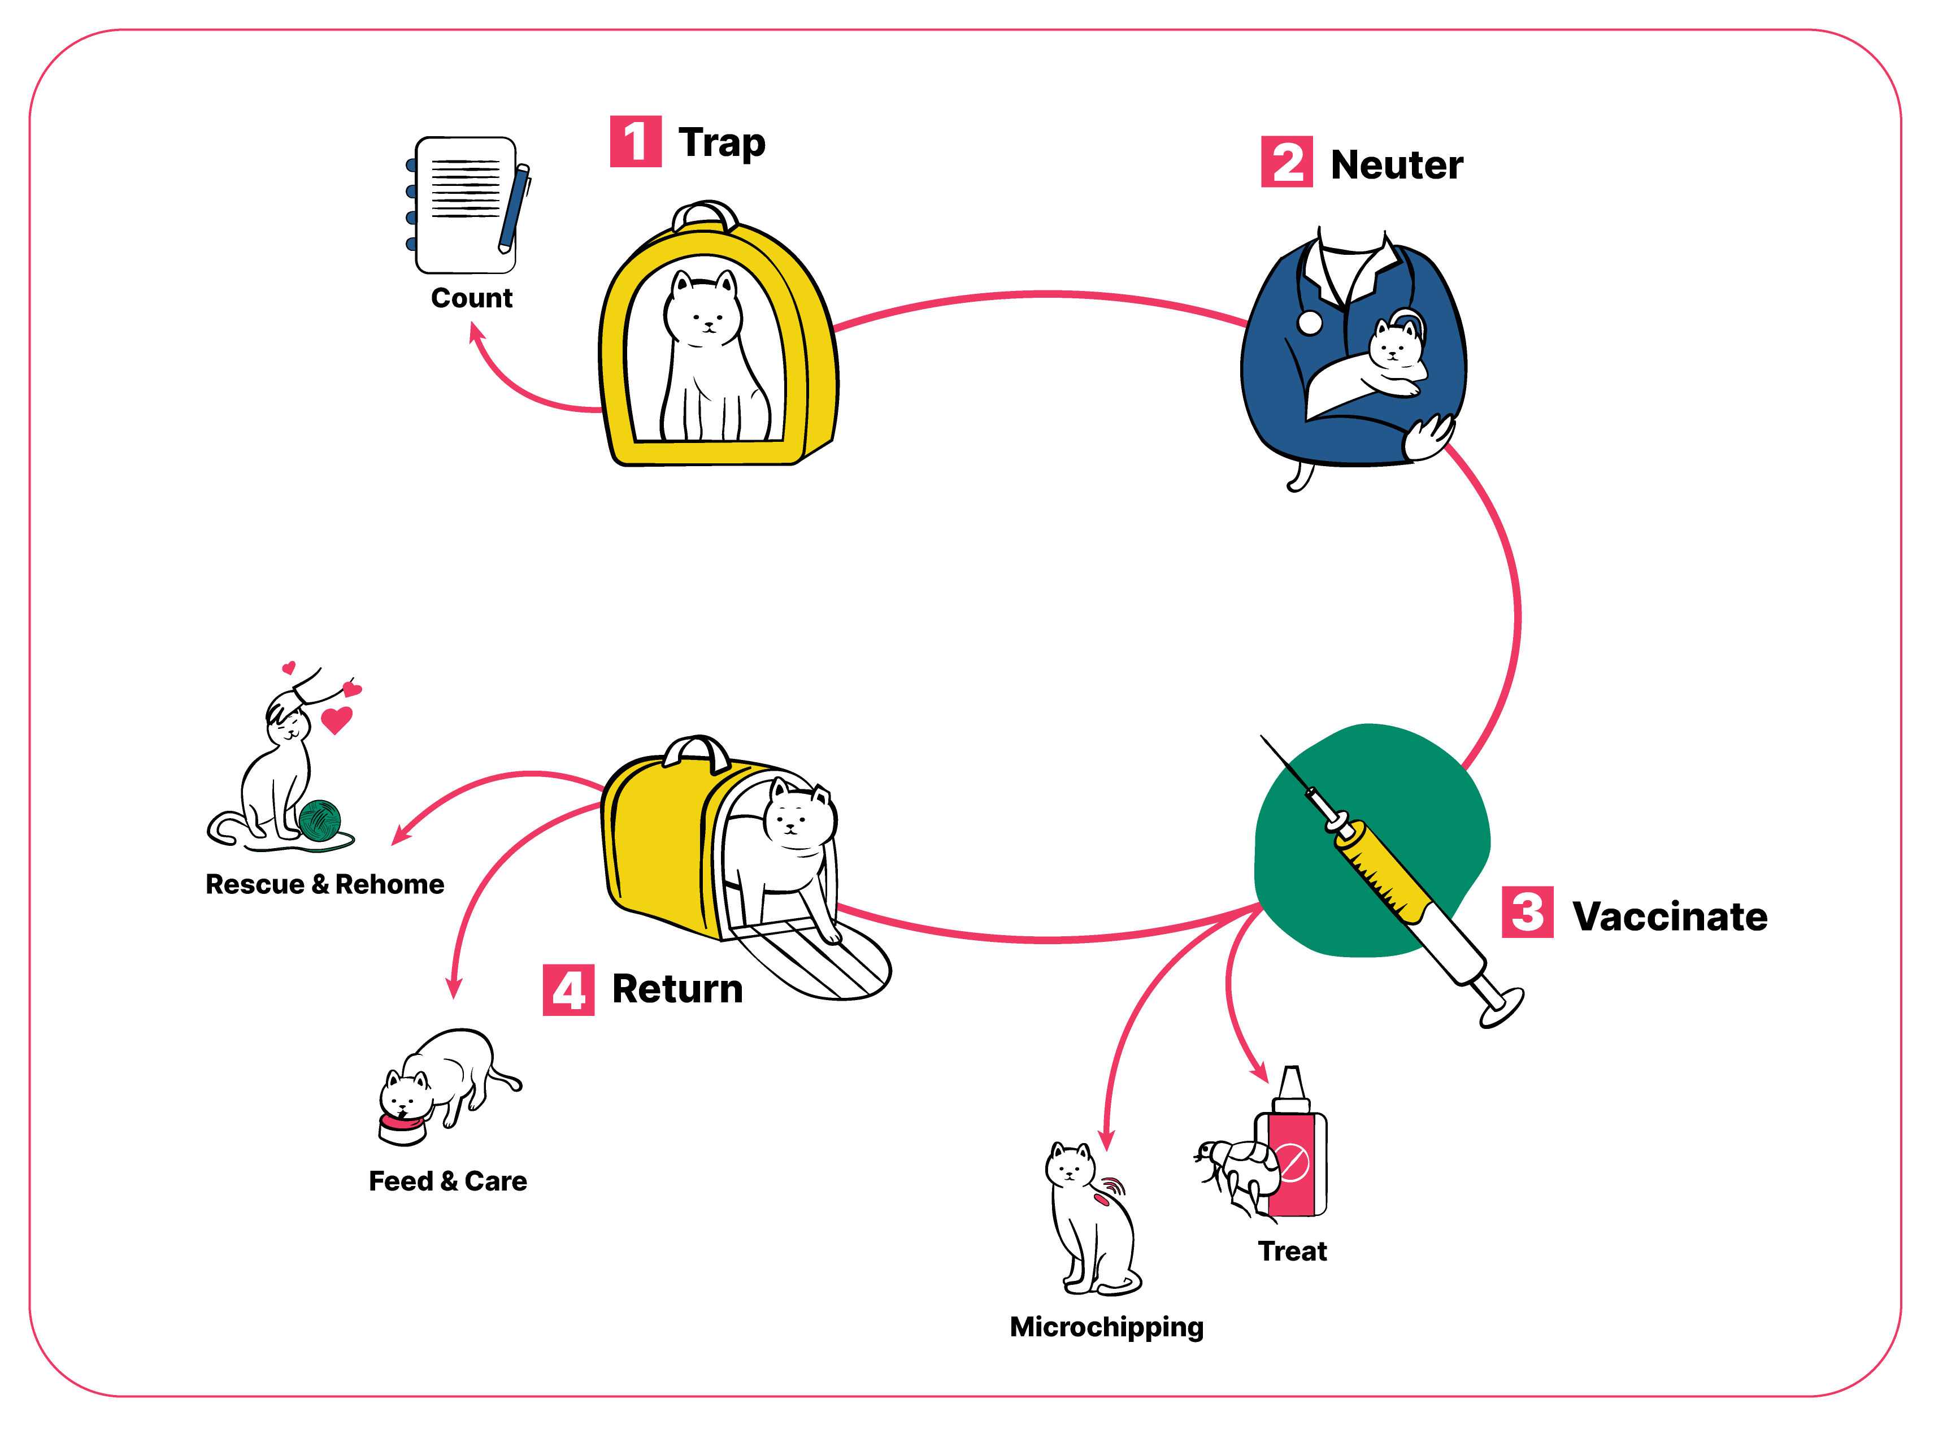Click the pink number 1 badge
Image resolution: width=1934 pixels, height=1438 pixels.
point(636,141)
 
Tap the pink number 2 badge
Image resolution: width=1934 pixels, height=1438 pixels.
point(1287,162)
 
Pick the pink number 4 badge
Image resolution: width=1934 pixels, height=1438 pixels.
point(568,990)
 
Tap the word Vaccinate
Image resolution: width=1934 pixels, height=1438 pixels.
point(1670,916)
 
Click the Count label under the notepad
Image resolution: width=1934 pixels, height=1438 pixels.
point(472,298)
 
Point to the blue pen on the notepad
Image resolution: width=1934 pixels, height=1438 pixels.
point(514,209)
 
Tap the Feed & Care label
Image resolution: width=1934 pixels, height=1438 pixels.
point(447,1181)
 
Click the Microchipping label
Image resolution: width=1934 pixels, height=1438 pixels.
point(1106,1327)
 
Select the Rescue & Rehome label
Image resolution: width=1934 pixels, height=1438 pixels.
point(325,884)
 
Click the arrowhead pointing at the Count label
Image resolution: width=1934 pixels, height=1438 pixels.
point(476,332)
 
